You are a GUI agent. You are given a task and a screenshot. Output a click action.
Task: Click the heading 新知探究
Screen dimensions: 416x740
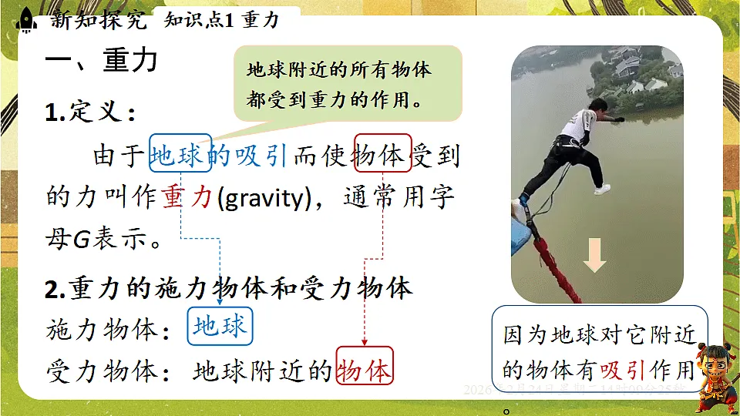[98, 19]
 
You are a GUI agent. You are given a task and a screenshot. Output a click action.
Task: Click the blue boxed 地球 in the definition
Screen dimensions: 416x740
[180, 156]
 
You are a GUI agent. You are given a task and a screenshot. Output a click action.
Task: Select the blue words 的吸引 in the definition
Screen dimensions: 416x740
[249, 156]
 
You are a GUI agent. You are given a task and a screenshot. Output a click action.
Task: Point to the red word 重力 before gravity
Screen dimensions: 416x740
[187, 197]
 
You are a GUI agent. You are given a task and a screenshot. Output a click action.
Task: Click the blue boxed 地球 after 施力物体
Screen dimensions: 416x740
[220, 327]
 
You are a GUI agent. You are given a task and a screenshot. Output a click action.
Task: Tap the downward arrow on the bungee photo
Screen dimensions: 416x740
[594, 257]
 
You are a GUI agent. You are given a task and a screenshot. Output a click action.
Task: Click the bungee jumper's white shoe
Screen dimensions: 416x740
[601, 189]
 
